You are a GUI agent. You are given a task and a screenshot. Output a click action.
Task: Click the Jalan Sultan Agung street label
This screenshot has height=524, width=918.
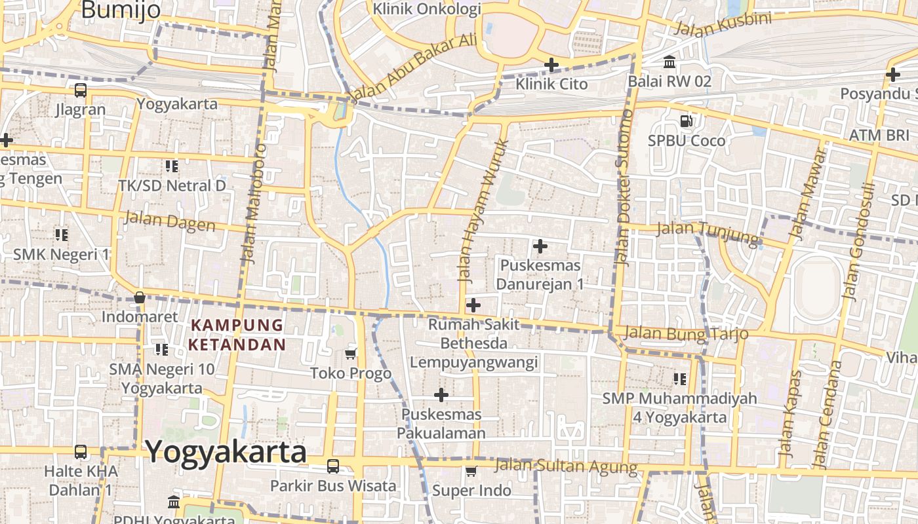566,466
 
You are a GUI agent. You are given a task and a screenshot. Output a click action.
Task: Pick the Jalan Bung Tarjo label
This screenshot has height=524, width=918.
686,333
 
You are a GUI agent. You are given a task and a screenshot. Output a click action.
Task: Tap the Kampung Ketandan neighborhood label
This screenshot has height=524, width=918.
237,335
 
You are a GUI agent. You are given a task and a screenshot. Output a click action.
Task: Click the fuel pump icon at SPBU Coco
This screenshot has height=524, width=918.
687,121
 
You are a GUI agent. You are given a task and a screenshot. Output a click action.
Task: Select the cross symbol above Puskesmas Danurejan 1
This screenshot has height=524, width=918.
540,246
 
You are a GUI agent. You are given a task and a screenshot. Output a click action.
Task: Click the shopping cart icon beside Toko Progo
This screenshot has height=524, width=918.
351,354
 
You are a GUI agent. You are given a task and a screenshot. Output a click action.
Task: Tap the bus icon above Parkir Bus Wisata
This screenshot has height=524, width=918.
333,466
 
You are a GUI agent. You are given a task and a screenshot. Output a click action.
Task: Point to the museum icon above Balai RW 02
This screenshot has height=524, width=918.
669,62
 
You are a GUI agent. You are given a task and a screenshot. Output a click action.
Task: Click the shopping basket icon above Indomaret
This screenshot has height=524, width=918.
140,297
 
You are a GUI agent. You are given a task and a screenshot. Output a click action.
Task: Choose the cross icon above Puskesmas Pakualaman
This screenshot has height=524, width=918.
441,395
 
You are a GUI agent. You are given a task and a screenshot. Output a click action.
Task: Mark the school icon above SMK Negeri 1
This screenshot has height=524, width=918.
62,234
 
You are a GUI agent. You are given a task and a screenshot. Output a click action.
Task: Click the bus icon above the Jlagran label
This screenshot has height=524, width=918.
81,90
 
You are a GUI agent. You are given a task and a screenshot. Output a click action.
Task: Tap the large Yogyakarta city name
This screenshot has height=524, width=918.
226,453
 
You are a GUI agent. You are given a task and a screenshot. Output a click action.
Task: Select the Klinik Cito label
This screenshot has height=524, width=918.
551,84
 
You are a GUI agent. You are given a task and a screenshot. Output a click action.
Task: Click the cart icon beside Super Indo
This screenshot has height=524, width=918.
471,471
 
